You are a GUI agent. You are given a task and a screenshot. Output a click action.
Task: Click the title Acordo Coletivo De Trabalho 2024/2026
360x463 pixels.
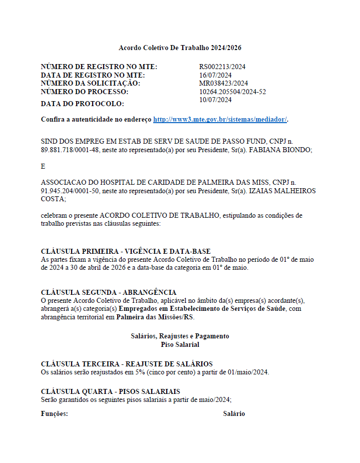click(180, 48)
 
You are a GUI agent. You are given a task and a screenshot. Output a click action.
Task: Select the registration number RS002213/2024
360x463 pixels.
click(222, 67)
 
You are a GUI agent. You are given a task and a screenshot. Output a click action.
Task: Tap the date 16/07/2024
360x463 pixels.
click(215, 75)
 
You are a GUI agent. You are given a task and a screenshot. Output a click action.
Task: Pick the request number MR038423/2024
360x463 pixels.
click(223, 83)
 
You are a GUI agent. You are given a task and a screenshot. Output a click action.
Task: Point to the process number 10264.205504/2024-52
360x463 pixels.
click(232, 92)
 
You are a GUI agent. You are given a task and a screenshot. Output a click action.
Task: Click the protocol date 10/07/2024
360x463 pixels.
click(215, 100)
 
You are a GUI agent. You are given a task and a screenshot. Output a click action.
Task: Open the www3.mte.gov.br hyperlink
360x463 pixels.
click(220, 120)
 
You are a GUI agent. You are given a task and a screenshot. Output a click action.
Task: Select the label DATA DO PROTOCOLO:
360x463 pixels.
click(82, 104)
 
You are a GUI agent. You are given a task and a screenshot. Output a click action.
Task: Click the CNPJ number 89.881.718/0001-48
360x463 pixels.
click(69, 150)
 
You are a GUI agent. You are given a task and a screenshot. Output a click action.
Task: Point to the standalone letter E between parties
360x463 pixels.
click(43, 166)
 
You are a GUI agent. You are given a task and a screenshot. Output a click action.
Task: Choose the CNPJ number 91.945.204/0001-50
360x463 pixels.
click(69, 191)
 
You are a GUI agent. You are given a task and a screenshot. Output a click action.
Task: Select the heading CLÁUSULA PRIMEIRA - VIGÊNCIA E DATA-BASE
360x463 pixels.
click(125, 251)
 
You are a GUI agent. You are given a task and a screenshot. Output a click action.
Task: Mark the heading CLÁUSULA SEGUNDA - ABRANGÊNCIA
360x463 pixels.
click(108, 292)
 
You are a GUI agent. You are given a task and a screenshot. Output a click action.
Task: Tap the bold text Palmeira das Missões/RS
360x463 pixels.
click(155, 317)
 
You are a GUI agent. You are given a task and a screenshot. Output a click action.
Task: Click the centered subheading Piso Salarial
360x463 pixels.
click(180, 344)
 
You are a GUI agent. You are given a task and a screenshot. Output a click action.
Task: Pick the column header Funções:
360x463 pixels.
click(54, 414)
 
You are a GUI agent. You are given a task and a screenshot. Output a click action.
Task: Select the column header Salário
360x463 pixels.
click(234, 414)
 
